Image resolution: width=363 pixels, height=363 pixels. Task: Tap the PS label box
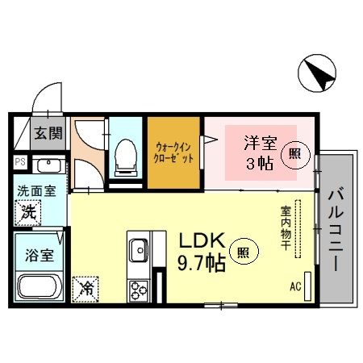[19, 162]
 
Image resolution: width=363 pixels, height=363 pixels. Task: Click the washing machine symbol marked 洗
[27, 215]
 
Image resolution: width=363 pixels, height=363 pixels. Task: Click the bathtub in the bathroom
[40, 286]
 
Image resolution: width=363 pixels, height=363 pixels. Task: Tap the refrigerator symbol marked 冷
[86, 286]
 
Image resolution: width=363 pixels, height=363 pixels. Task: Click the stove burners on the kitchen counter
[136, 289]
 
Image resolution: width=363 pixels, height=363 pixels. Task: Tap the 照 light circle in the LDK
[244, 252]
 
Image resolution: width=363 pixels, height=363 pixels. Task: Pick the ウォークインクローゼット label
[173, 152]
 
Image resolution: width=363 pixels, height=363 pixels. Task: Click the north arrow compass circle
[316, 77]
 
